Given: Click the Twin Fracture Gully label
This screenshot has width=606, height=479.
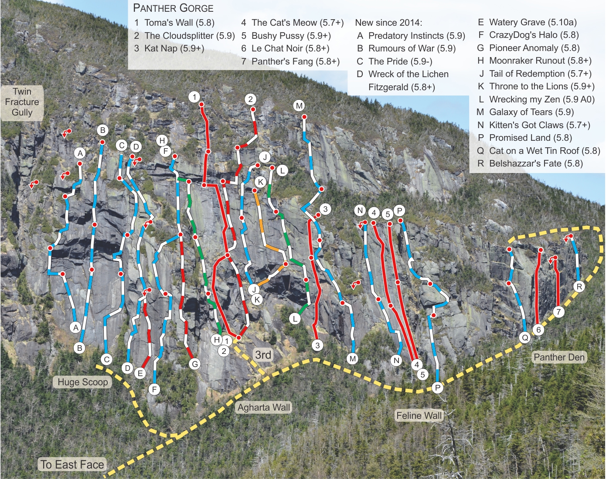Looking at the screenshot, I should coord(22,102).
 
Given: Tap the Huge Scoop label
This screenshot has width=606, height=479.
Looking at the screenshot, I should coord(83,382).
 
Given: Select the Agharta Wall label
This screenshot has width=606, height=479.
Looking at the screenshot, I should coord(264,408).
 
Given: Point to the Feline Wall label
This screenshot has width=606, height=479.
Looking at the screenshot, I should coord(419,416).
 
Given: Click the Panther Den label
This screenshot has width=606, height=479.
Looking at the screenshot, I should coord(559,357).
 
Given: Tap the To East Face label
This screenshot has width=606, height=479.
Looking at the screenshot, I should coord(72,465).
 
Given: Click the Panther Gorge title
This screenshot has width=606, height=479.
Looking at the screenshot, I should coord(173,8).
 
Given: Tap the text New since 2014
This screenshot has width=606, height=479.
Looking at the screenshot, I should coord(388,23).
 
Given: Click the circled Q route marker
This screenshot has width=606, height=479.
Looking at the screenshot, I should coord(525,337).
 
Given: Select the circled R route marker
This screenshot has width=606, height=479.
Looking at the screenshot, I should coord(579,286).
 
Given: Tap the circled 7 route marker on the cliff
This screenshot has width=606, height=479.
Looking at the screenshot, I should coord(558,312).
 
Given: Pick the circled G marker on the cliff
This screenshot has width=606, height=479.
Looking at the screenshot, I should coord(195,364).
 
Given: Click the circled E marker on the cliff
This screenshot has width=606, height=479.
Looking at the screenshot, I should coord(140,373).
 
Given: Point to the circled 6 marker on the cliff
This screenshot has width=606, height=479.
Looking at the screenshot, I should coord(538,330).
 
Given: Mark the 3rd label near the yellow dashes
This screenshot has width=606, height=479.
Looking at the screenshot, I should coord(263,355).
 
